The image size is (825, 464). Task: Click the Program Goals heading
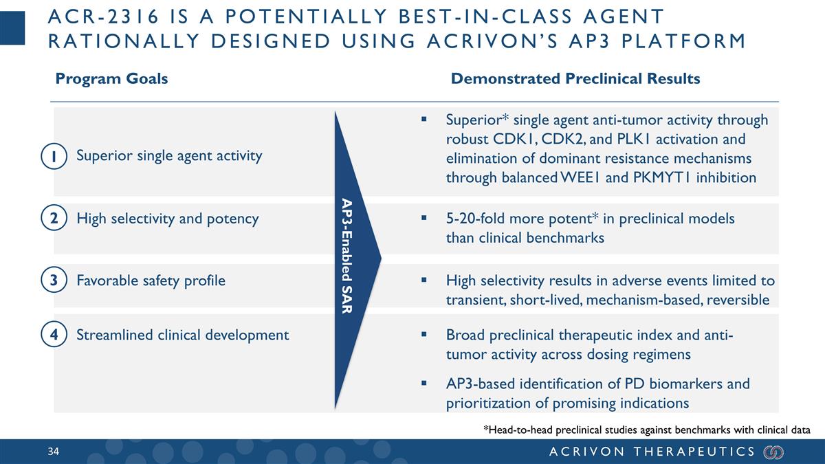click(111, 78)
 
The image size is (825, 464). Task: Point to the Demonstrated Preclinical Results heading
click(575, 78)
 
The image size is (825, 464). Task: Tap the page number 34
click(54, 452)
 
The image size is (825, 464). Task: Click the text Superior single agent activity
click(169, 155)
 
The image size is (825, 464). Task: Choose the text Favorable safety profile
click(151, 280)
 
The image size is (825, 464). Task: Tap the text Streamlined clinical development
click(182, 335)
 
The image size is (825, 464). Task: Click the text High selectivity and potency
click(168, 219)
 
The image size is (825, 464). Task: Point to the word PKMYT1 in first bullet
click(663, 178)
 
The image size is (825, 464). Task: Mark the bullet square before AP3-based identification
click(425, 383)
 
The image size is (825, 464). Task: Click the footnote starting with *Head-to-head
click(646, 430)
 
